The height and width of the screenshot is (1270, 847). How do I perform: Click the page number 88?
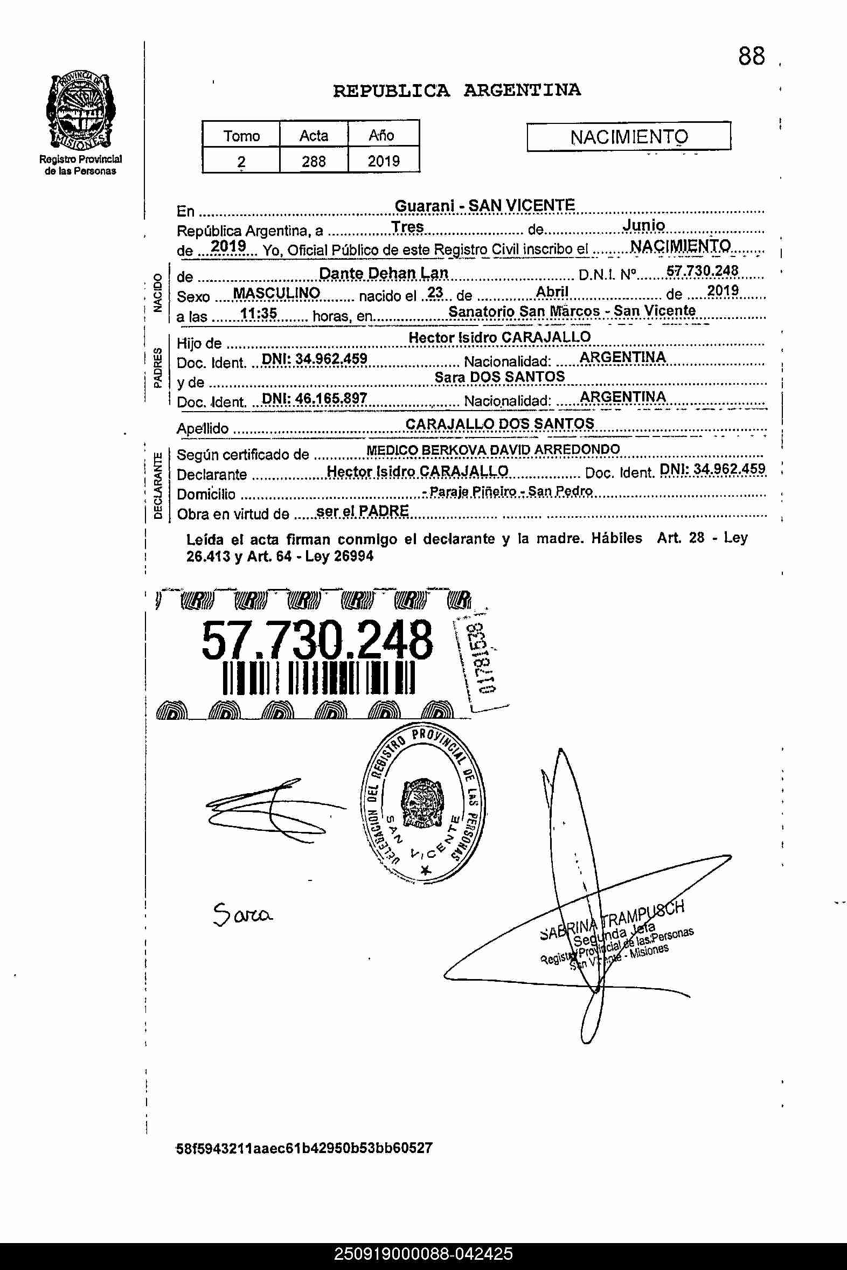(x=752, y=57)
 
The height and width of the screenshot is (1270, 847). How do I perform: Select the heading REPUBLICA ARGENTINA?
(x=456, y=90)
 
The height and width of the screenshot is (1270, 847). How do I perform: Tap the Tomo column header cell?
(x=241, y=135)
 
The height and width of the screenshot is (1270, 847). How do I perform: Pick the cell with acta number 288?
(x=313, y=161)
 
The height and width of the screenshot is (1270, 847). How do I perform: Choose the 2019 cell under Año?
(x=384, y=161)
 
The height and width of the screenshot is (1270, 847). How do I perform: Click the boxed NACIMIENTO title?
(x=629, y=137)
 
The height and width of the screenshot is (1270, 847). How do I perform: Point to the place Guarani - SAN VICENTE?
(x=484, y=206)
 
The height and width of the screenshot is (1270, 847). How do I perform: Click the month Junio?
(x=643, y=225)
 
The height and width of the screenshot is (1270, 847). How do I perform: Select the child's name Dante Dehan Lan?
(x=384, y=273)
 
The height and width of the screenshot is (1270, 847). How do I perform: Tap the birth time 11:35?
(x=258, y=313)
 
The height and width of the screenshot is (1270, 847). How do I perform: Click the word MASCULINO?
(x=276, y=293)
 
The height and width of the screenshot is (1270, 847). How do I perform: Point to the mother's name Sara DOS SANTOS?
(x=499, y=377)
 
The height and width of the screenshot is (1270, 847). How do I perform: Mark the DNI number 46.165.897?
(x=314, y=399)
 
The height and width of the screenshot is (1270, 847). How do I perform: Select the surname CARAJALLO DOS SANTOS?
(x=499, y=424)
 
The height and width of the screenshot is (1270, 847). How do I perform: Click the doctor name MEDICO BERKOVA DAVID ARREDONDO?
(x=492, y=449)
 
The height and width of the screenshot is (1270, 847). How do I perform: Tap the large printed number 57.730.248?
(x=316, y=641)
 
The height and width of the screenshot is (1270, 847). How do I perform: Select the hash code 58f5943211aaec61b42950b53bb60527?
(x=304, y=1148)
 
